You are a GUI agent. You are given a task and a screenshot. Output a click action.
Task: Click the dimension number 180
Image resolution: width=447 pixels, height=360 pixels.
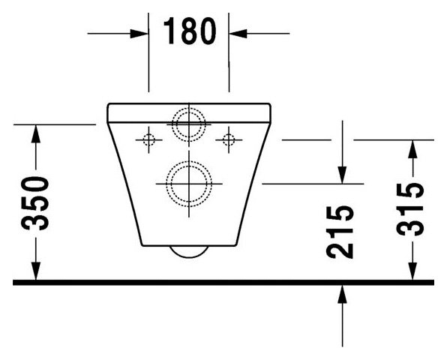[x=190, y=31]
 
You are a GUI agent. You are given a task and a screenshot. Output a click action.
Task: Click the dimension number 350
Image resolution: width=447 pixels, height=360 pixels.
[x=34, y=203]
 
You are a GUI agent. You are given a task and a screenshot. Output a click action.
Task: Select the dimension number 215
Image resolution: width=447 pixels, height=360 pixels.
[x=340, y=232]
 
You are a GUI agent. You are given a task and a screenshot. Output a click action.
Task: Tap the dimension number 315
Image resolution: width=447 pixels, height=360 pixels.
[x=410, y=209]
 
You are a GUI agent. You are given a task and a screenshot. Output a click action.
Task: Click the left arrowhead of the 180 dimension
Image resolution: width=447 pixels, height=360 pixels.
[x=139, y=34]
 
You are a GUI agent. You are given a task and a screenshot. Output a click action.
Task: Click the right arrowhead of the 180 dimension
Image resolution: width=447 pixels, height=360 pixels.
[x=238, y=34]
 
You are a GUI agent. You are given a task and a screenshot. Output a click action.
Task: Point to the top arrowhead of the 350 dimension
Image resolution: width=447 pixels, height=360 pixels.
[x=35, y=134]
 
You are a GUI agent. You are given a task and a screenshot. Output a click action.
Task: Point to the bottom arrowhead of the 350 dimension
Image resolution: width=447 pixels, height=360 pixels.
[x=35, y=271]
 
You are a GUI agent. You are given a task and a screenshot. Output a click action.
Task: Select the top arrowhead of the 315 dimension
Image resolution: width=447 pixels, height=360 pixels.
[x=412, y=149]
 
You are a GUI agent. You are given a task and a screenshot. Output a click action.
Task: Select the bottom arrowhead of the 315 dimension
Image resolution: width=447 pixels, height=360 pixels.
[x=412, y=271]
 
